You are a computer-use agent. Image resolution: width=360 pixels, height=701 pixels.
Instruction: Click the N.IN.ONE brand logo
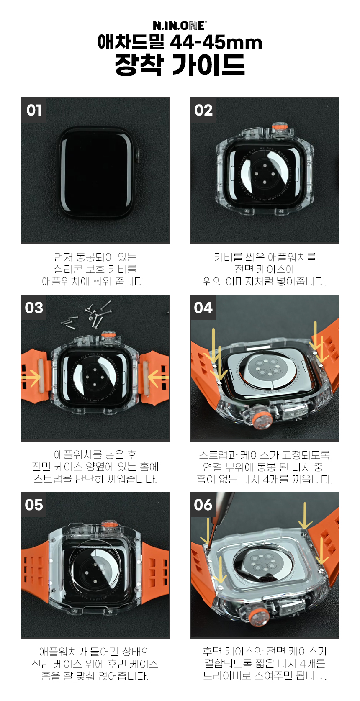[x=180, y=26]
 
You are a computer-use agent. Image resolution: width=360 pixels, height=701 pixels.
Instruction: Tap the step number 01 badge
[x=34, y=110]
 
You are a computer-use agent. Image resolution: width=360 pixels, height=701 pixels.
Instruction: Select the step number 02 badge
[x=203, y=110]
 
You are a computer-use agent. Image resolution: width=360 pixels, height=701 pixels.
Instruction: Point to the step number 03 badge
[x=34, y=307]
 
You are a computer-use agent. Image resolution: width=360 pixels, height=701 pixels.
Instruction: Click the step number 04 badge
[x=203, y=307]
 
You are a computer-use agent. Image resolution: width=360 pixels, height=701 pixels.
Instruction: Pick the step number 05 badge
[x=34, y=505]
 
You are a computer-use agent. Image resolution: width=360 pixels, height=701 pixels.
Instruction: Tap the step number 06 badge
[x=203, y=505]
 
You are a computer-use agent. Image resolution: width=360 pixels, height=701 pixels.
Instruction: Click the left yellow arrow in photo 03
[x=31, y=377]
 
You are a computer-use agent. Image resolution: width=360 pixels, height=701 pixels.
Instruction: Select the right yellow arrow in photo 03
[x=158, y=377]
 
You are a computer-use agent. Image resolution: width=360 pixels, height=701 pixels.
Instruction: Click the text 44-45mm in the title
[x=216, y=43]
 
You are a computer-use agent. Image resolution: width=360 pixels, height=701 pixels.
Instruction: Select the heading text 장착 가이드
[x=180, y=64]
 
